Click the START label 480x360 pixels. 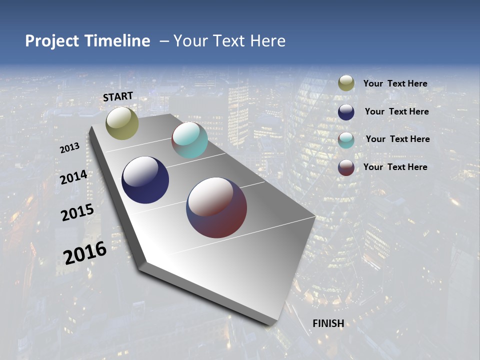click(118, 96)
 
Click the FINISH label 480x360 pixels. click(328, 323)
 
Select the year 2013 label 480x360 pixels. click(70, 148)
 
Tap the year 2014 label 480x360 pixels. click(74, 177)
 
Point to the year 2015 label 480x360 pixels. click(77, 212)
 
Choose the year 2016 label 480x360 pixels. click(85, 253)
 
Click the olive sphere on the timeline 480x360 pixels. click(122, 123)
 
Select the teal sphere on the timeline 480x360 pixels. click(189, 140)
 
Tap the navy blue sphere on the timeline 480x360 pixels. click(145, 180)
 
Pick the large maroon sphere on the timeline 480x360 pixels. click(216, 207)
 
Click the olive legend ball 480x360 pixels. click(346, 83)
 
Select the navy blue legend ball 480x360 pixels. click(346, 112)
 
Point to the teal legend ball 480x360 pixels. click(346, 140)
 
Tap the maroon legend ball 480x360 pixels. click(346, 167)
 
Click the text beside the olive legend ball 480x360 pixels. click(395, 84)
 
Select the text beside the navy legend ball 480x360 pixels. click(396, 111)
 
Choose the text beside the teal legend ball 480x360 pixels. click(397, 139)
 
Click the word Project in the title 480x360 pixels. click(52, 41)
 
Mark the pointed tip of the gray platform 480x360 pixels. click(274, 324)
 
